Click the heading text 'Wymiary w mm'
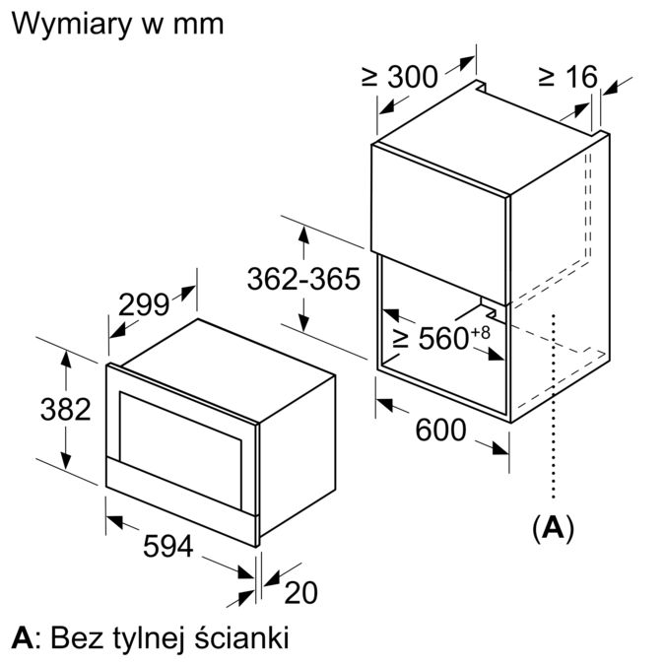[117, 23]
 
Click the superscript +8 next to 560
[480, 331]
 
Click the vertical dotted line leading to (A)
[556, 414]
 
